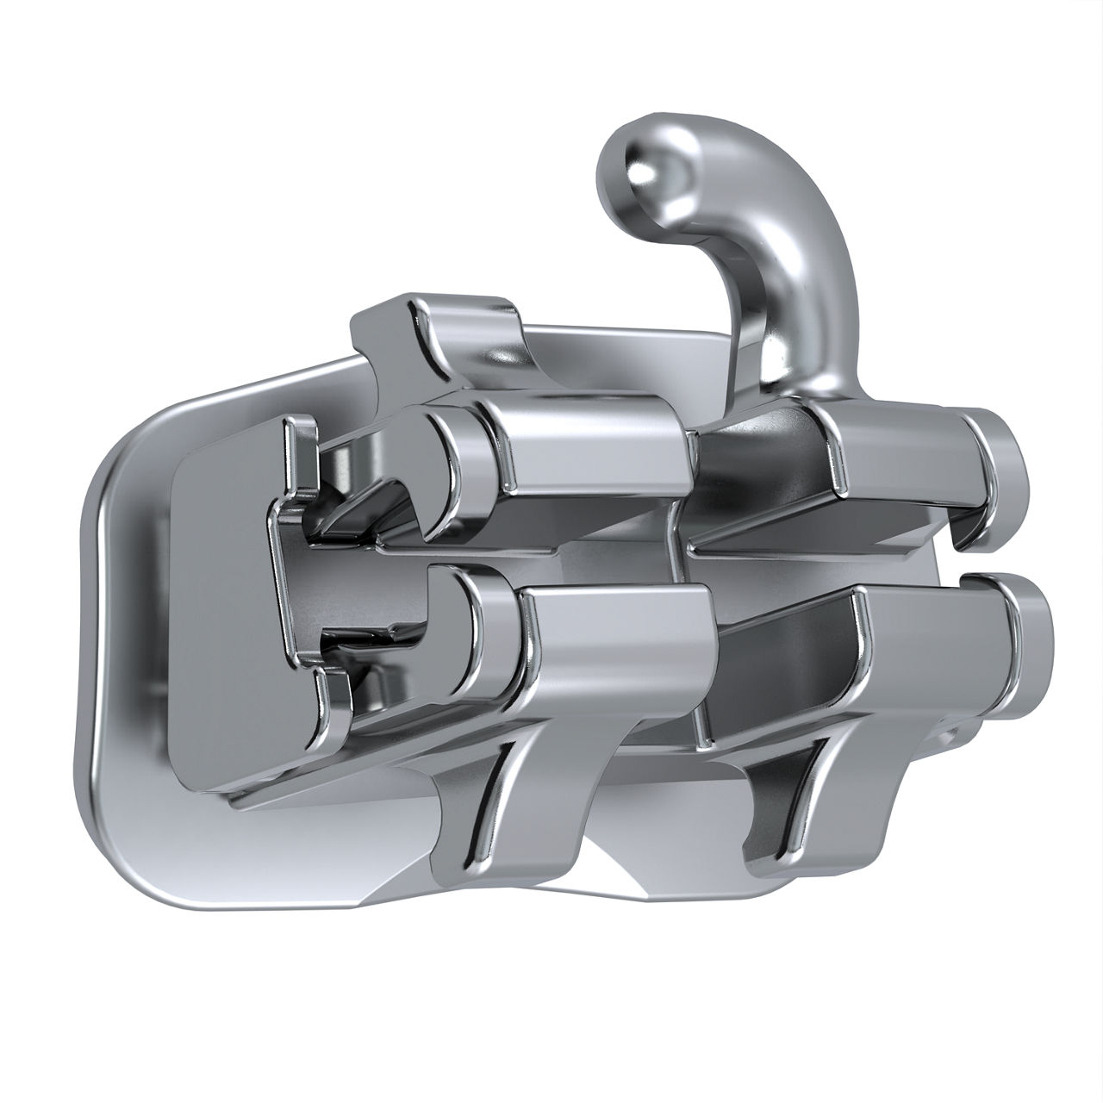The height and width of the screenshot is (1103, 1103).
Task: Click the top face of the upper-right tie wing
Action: (x=896, y=448)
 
